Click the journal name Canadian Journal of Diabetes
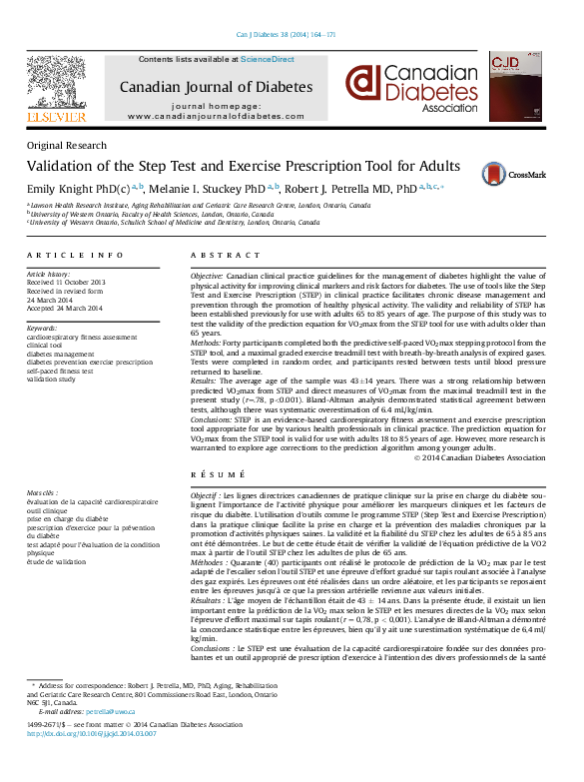[x=215, y=86]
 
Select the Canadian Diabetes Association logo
[x=411, y=89]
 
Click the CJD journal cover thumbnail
[x=512, y=89]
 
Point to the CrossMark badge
[x=525, y=174]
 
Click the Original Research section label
[x=66, y=146]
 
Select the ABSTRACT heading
[x=219, y=256]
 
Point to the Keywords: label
[x=42, y=328]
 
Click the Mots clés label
[x=43, y=493]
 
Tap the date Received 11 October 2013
[x=67, y=283]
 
